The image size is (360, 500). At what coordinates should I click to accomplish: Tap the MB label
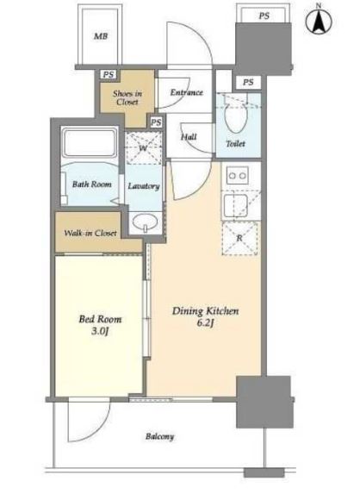tap(101, 36)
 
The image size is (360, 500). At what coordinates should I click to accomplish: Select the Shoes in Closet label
tap(127, 97)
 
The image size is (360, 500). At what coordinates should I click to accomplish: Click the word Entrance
tap(186, 92)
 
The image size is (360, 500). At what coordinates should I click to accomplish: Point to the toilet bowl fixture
tap(236, 114)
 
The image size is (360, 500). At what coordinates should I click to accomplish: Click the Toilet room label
tap(235, 143)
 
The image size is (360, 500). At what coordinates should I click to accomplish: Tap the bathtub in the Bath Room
tap(90, 142)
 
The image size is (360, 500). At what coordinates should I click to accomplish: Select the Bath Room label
tap(92, 184)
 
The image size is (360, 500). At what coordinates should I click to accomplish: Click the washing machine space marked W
tap(143, 148)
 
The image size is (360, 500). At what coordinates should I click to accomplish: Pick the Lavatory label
tap(144, 186)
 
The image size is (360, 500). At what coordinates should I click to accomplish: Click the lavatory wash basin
tap(145, 222)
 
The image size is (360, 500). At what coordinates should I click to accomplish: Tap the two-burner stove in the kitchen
tap(238, 175)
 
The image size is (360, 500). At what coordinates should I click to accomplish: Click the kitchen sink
tap(236, 206)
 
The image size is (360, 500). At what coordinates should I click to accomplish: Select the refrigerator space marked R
tap(239, 238)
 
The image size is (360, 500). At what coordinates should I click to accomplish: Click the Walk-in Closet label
tap(90, 233)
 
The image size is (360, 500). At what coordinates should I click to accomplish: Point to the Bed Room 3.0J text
tap(100, 325)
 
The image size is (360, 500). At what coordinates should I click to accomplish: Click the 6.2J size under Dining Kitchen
tap(205, 322)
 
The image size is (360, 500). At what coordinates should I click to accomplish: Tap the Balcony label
tap(160, 436)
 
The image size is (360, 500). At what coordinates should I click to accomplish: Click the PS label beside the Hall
tap(156, 122)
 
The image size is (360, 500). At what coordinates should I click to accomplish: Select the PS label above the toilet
tap(248, 82)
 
